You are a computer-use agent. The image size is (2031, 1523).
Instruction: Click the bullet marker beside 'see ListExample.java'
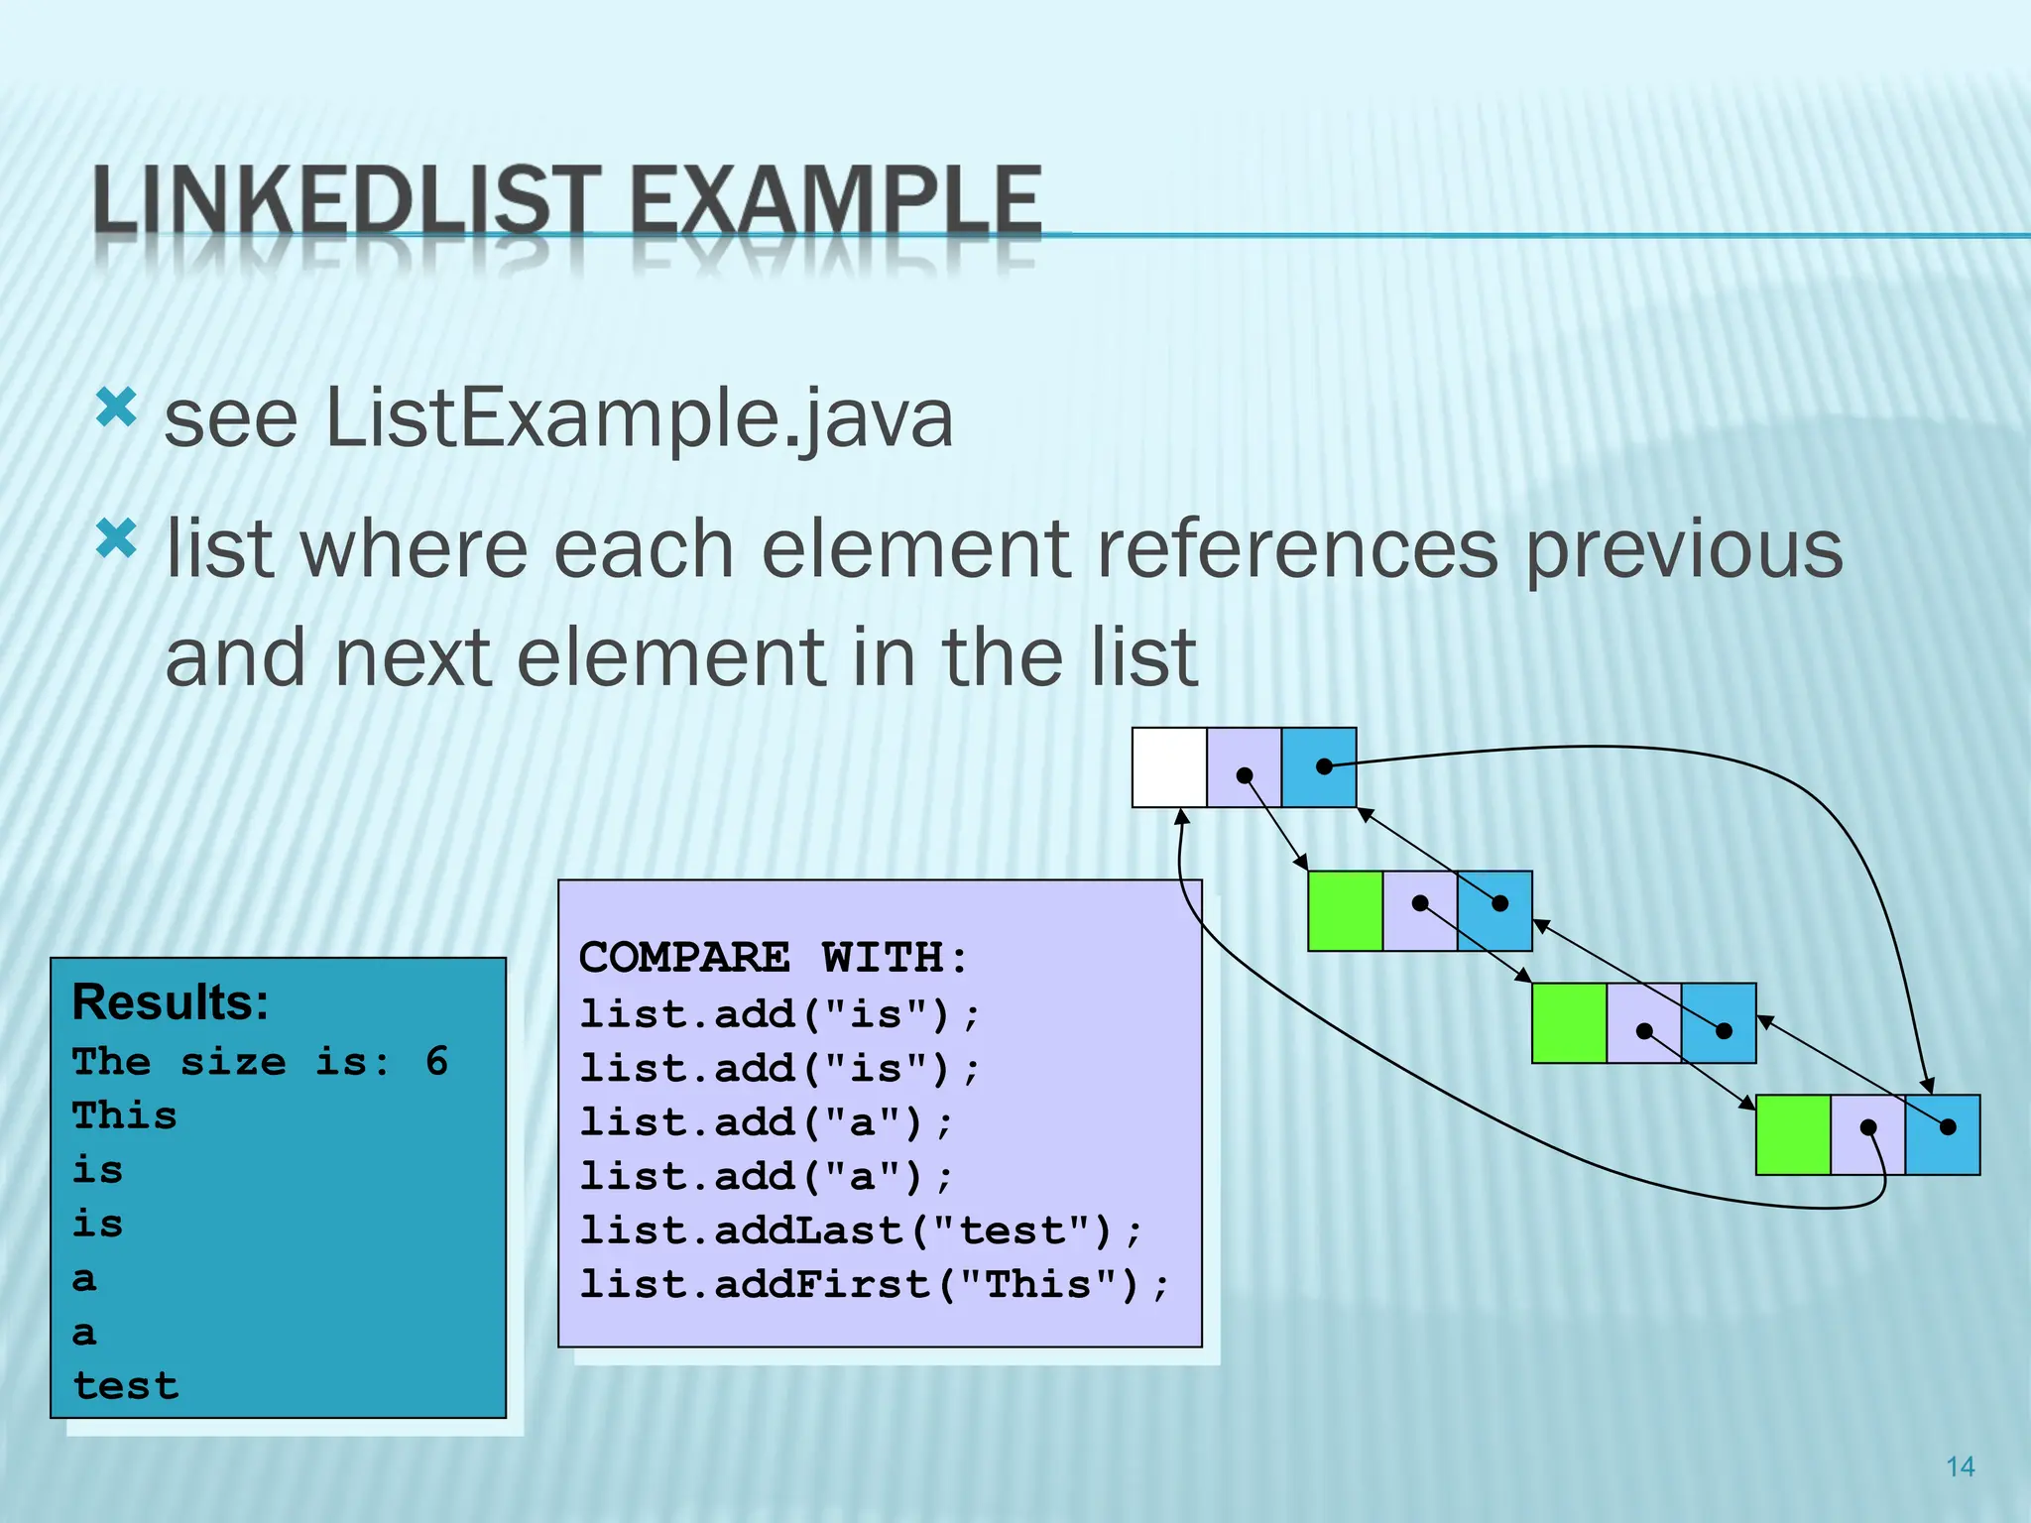pos(116,408)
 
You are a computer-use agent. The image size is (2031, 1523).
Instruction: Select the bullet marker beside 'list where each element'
pos(116,540)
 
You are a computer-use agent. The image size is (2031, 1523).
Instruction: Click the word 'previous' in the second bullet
pos(1682,550)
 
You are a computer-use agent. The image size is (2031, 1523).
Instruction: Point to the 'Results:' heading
pos(171,1001)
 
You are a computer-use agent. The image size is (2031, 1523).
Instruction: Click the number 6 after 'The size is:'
pos(436,1061)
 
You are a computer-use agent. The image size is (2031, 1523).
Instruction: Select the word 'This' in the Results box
pos(124,1115)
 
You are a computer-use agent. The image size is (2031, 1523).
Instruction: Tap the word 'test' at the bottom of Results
pos(126,1385)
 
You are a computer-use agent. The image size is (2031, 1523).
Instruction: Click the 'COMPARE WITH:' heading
pos(774,958)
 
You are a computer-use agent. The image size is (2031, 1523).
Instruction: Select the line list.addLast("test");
pos(861,1230)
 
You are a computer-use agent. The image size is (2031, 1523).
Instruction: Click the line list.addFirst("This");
pos(874,1285)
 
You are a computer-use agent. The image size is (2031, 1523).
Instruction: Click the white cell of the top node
pos(1169,767)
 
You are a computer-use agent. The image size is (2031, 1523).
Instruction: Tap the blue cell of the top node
pos(1319,767)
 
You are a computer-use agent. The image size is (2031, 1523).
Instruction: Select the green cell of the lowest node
pos(1792,1135)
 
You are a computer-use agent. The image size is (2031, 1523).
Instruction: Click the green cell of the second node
pos(1345,911)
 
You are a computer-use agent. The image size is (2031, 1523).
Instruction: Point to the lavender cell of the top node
pos(1244,767)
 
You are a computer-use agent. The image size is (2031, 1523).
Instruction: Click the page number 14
pos(1960,1466)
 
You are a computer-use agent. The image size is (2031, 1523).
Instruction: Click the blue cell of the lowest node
pos(1943,1135)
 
